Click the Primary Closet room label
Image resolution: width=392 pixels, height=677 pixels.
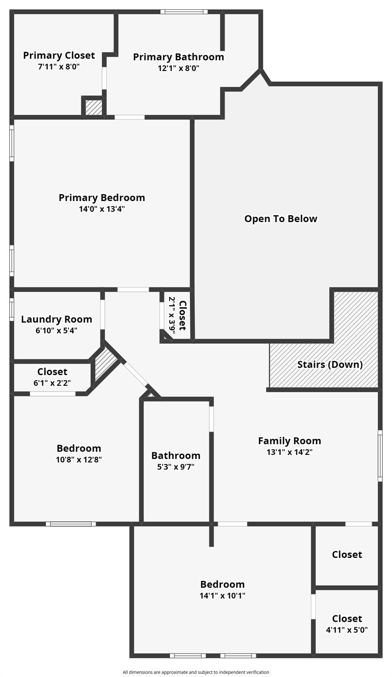coord(59,56)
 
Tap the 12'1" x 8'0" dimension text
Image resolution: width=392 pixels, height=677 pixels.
coord(178,68)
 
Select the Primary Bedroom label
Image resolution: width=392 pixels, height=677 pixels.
coord(102,198)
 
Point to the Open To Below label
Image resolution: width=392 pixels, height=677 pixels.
coord(281,219)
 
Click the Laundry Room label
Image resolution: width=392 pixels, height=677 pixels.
coord(56,319)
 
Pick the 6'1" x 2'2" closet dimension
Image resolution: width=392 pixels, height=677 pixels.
coord(52,383)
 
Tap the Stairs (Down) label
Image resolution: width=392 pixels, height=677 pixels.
coord(330,365)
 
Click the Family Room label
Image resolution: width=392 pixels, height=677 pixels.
coord(289,441)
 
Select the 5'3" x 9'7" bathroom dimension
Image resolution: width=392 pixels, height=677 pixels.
coord(176,467)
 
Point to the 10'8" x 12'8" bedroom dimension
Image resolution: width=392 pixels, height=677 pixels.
coord(79,460)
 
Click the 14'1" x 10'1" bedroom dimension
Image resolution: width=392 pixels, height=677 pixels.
coord(222,596)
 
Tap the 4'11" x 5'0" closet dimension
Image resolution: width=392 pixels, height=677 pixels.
coord(347,630)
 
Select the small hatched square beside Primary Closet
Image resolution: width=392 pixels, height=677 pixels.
coord(93,108)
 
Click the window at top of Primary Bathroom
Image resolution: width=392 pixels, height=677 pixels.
coord(184,12)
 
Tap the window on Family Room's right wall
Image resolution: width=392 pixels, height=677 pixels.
coord(380,455)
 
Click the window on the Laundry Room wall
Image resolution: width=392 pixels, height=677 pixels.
coord(12,309)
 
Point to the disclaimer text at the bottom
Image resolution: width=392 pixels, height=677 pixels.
coord(196,672)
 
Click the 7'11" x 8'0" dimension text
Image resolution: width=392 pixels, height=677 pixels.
coord(59,67)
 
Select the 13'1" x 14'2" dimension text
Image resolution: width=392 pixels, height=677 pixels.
coord(289,452)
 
